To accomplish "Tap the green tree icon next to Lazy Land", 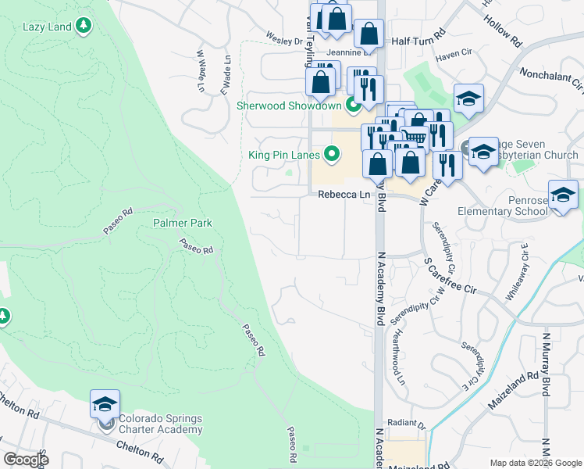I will (x=84, y=27).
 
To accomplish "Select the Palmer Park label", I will (x=183, y=223).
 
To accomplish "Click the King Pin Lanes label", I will (x=284, y=155).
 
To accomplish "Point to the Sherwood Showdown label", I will (x=290, y=106).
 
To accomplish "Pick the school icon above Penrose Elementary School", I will (x=562, y=195).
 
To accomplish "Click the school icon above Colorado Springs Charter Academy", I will (x=105, y=405).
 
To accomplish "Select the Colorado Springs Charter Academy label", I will (x=156, y=424).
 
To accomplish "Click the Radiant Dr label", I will (x=410, y=426).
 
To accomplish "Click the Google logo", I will (x=26, y=459).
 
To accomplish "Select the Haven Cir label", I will (x=455, y=54).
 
